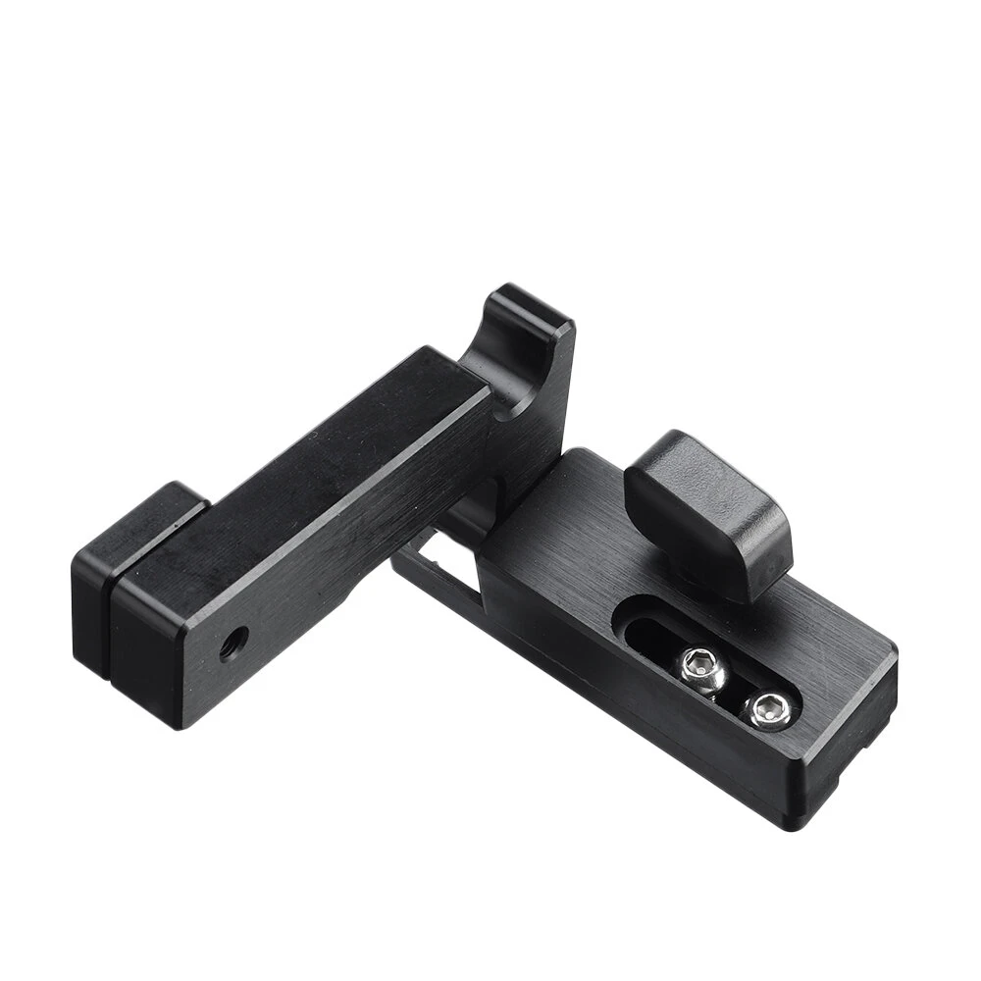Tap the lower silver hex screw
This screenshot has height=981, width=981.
point(766,708)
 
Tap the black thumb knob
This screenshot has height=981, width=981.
point(708,510)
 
